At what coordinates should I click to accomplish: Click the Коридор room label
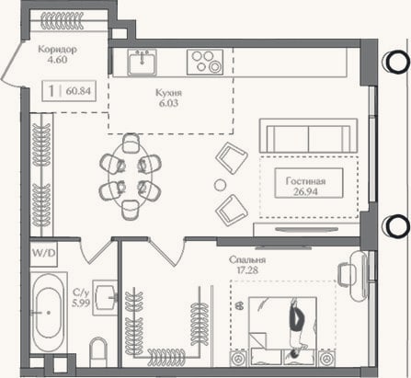click(x=57, y=49)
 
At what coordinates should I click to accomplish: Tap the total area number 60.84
click(x=78, y=91)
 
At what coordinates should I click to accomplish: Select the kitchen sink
click(x=143, y=63)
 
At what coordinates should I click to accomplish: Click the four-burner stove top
click(x=205, y=63)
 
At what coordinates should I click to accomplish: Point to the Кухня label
click(x=168, y=92)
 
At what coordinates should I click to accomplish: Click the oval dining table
click(x=131, y=177)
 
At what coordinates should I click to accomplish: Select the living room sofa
click(x=308, y=135)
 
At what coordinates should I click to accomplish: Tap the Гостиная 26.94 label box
click(x=309, y=183)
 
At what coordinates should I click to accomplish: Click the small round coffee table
click(x=220, y=185)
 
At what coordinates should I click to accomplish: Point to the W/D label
click(x=44, y=253)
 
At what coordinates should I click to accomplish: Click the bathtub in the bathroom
click(x=49, y=312)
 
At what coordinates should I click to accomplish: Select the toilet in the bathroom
click(x=98, y=351)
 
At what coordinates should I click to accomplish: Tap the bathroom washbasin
click(x=105, y=297)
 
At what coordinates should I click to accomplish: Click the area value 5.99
click(x=81, y=304)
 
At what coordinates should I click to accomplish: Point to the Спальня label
click(x=247, y=259)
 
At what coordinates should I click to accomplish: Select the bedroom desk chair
click(x=345, y=274)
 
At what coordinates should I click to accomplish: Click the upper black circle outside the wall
click(x=396, y=62)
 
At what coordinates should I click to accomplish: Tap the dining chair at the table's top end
click(x=131, y=143)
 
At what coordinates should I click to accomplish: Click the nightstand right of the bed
click(x=326, y=358)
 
